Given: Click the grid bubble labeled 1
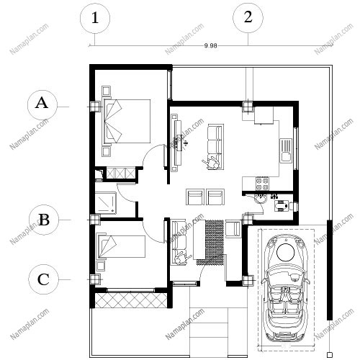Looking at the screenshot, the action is coord(95,18).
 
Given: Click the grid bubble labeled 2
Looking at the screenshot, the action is coord(248,17).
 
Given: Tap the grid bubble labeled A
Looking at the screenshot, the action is coord(42,105).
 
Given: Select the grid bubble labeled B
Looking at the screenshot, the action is coord(44,220).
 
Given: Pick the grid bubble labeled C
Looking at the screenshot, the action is coord(43,279).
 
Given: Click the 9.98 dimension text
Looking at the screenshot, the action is coord(210,45).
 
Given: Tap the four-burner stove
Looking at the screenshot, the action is coord(262,184).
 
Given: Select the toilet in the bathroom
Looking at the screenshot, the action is coord(283,206).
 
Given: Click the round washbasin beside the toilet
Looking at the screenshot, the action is coord(260,199).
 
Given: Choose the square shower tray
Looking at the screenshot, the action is coord(106,203).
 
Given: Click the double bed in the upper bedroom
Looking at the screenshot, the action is coord(127,122).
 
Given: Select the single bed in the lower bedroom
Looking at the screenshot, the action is coord(121,246).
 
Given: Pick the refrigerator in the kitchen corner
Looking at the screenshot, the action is coord(264,115).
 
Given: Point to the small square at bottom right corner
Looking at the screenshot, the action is coord(330,355).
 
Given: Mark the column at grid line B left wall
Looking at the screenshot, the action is coord(95,220).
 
